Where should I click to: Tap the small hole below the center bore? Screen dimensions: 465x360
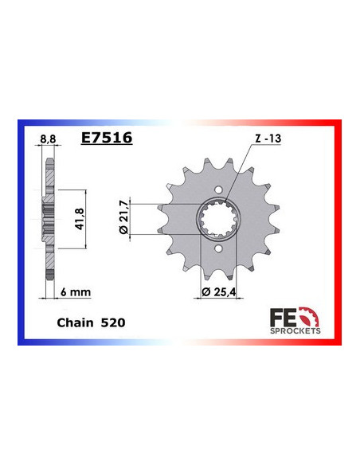[x=218, y=250]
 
